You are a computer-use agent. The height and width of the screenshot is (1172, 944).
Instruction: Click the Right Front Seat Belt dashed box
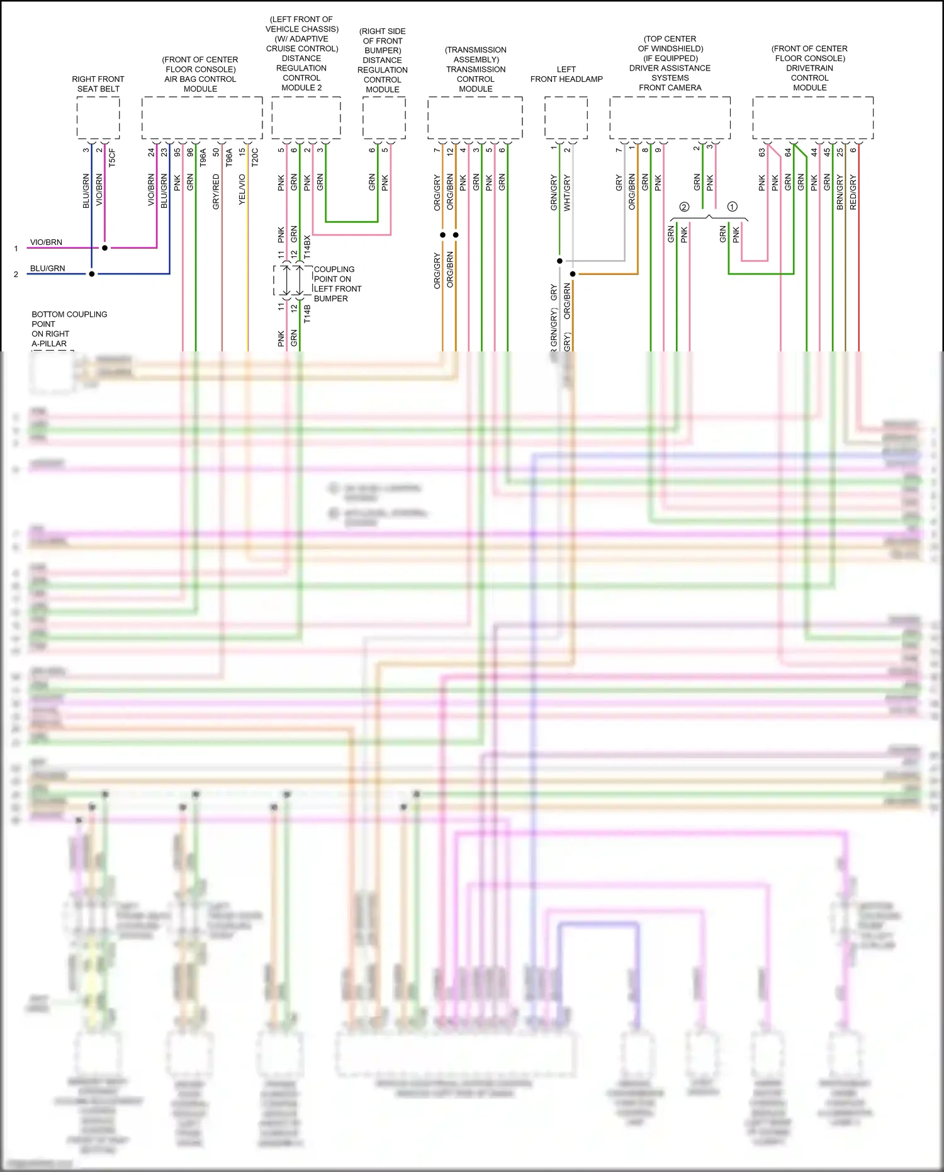tap(98, 118)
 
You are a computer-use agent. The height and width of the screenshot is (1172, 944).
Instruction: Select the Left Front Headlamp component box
tap(566, 118)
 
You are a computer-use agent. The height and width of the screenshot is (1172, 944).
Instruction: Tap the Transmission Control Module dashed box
tap(475, 118)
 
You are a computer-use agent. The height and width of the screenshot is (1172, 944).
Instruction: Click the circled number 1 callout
tap(732, 207)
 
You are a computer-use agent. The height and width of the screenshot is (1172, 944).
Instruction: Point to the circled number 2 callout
tap(684, 207)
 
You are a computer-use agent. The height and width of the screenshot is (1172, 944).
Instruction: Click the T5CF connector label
tap(112, 157)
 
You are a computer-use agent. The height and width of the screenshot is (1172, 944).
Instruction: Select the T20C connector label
tap(255, 157)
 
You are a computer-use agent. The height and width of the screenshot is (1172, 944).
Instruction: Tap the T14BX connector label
tap(307, 247)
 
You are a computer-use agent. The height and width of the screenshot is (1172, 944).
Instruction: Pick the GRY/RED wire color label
tap(216, 191)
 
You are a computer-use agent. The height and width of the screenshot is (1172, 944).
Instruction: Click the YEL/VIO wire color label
tap(242, 190)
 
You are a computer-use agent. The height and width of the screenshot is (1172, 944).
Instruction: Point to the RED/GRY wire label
tap(853, 192)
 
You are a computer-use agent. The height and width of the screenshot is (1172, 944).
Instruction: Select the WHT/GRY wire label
tap(567, 193)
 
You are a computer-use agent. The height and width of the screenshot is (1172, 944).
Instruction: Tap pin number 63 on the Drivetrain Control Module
tap(761, 152)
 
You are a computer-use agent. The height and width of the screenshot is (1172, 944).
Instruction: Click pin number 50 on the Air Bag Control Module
tap(216, 152)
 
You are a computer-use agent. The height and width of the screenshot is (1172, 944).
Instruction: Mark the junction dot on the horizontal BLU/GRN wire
tap(92, 274)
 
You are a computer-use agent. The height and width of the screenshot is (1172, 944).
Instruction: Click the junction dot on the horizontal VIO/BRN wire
tap(105, 247)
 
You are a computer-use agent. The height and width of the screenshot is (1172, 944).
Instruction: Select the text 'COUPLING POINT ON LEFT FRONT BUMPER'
tap(337, 283)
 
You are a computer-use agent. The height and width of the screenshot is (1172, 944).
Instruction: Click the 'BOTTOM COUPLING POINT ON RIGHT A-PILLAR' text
tap(69, 329)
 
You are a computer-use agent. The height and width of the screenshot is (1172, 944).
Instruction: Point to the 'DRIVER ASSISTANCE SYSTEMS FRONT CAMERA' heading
tap(670, 77)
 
